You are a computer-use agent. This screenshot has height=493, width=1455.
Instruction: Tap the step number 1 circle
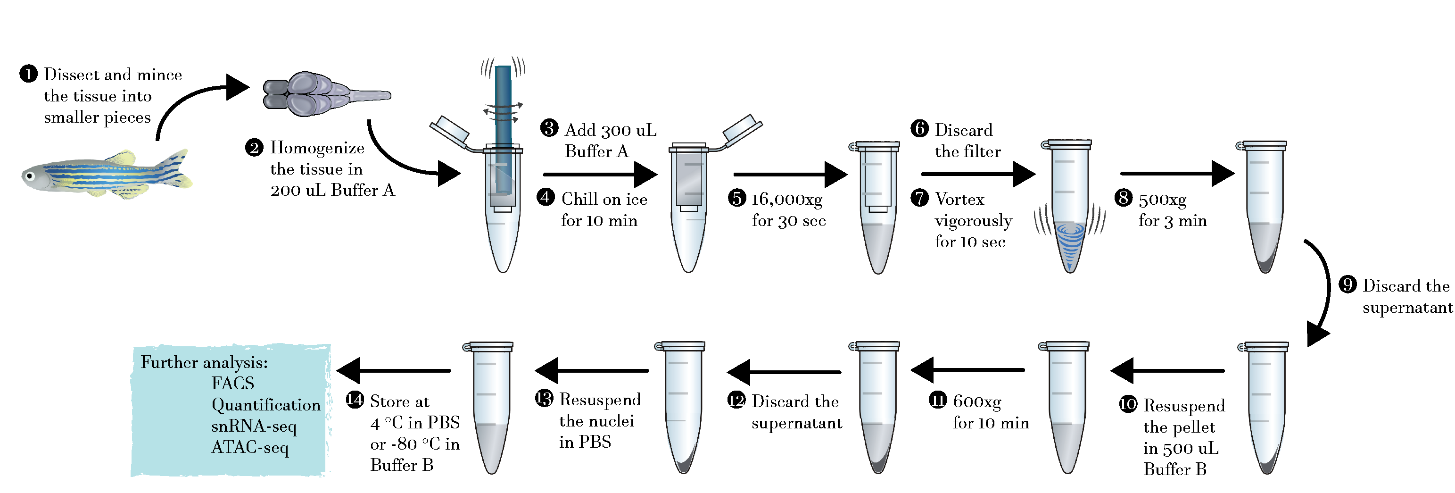click(x=28, y=74)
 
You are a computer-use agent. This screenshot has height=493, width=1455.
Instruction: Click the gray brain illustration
click(x=316, y=94)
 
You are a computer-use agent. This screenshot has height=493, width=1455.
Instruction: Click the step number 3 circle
click(x=549, y=128)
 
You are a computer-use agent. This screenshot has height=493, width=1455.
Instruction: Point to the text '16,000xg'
click(x=786, y=199)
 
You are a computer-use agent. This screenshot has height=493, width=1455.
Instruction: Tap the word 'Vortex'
click(x=959, y=199)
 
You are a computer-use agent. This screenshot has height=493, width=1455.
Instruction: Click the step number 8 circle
click(x=1124, y=198)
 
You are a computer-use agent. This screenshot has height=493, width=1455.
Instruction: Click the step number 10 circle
click(x=1128, y=404)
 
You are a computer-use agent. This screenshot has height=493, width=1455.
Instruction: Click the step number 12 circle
click(x=736, y=400)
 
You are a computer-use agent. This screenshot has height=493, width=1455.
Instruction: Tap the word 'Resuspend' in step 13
click(x=600, y=400)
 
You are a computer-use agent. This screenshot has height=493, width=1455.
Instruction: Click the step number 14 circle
click(x=355, y=400)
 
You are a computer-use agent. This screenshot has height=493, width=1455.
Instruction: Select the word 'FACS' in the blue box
click(x=233, y=384)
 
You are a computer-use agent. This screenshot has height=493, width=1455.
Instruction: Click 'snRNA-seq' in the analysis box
click(x=254, y=426)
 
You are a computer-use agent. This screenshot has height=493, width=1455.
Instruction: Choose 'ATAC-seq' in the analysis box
click(x=250, y=447)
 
